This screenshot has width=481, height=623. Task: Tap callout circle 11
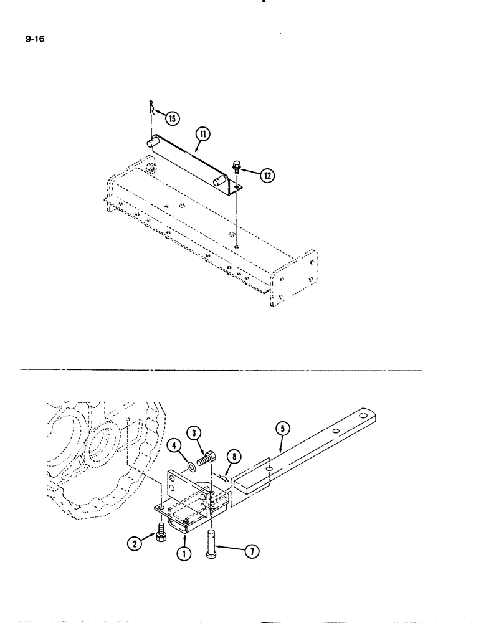point(202,133)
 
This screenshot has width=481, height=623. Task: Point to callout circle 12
point(265,177)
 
